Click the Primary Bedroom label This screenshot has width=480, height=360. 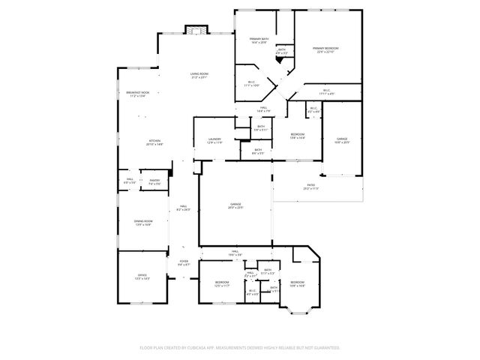click(x=324, y=49)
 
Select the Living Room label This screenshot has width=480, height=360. click(x=199, y=75)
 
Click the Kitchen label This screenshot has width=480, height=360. click(x=154, y=142)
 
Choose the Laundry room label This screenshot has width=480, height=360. click(x=214, y=140)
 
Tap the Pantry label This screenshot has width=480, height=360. click(x=154, y=181)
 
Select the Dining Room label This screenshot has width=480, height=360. click(x=143, y=223)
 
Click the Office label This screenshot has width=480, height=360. click(x=142, y=277)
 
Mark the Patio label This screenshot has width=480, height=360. click(x=311, y=187)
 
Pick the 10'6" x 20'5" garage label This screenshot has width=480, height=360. click(x=342, y=140)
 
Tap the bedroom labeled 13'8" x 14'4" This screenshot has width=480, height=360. click(x=297, y=136)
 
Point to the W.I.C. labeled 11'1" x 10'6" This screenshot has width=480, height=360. click(x=251, y=84)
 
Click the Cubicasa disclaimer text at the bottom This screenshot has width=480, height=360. click(x=240, y=348)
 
